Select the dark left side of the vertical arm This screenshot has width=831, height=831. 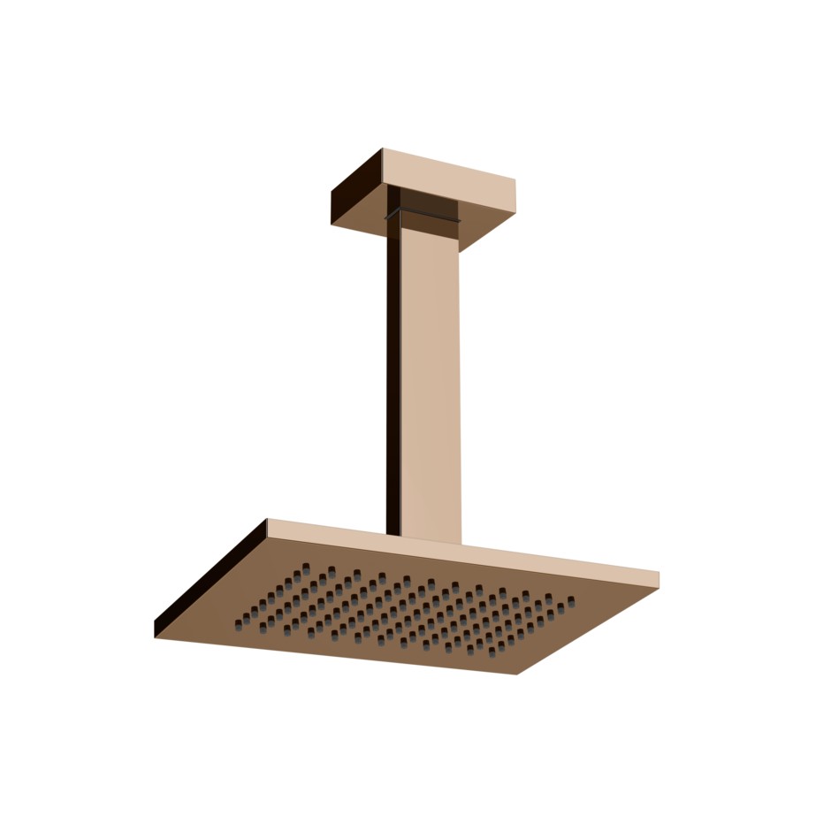click(x=393, y=371)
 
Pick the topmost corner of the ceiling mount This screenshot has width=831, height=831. click(x=382, y=149)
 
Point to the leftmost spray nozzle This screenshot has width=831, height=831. click(x=238, y=624)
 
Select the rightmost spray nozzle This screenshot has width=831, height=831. click(x=571, y=601)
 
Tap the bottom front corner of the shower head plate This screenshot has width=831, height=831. click(x=517, y=675)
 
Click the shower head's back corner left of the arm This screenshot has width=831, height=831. click(x=267, y=519)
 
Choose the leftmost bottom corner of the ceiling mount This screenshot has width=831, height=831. click(x=332, y=223)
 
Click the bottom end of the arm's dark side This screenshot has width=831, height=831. click(x=393, y=532)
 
